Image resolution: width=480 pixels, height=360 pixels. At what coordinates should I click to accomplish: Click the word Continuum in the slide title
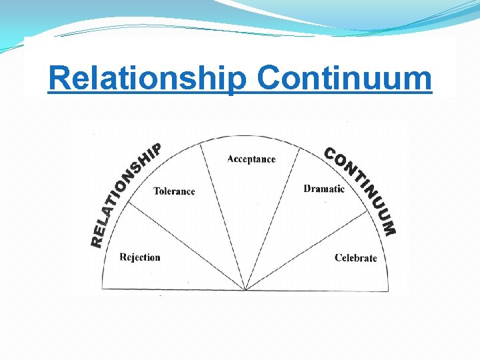(x=345, y=79)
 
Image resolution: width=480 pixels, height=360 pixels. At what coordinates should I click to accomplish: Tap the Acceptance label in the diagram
(x=251, y=159)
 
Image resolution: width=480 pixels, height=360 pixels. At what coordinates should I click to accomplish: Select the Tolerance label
(x=174, y=191)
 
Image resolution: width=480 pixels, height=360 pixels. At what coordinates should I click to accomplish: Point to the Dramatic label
(x=324, y=189)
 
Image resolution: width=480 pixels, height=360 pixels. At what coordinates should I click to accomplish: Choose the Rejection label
(x=140, y=257)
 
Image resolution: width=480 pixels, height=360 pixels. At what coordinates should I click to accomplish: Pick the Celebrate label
(x=355, y=258)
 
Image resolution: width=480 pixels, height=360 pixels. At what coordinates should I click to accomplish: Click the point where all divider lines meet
(x=245, y=290)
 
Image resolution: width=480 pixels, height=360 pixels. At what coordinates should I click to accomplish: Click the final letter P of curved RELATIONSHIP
(x=155, y=149)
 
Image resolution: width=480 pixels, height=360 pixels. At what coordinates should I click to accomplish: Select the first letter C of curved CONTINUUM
(x=329, y=153)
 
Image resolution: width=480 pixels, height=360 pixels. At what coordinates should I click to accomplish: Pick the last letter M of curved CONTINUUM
(x=389, y=228)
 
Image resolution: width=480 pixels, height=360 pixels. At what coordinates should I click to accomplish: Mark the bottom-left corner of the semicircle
(x=102, y=289)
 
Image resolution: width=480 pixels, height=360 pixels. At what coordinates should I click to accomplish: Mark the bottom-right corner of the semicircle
(x=388, y=291)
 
